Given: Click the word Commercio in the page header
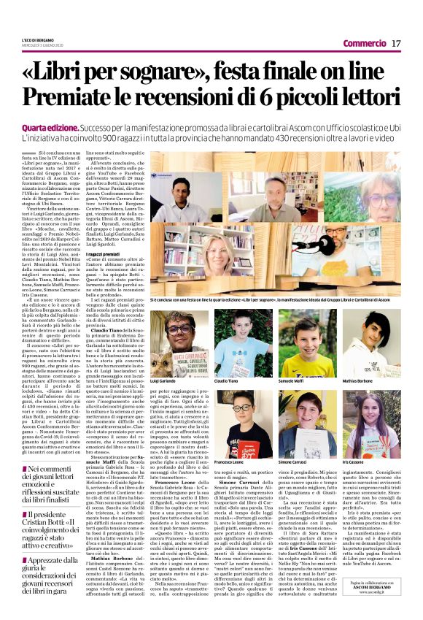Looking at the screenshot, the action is pos(364,45).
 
